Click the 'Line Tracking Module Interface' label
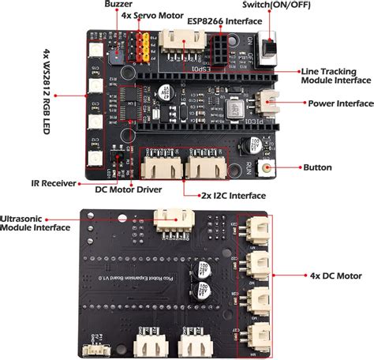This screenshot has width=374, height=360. (x=335, y=75)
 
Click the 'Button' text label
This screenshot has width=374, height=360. (x=316, y=167)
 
